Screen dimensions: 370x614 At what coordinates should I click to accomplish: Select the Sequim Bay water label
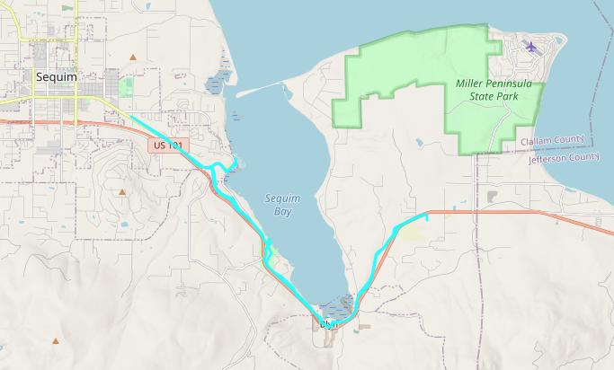pos(282,205)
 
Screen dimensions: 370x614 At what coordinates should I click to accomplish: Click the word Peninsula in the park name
pos(524,84)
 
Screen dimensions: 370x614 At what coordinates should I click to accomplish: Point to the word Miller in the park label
pos(473,84)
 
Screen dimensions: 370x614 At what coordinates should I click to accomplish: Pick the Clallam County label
pos(552,141)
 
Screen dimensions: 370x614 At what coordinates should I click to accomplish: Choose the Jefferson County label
pos(564,157)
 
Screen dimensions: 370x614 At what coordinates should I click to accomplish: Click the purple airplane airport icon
pos(531,45)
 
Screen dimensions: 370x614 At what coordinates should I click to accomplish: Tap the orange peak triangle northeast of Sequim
pos(133,57)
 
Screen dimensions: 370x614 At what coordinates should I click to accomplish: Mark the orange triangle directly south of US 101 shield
pos(122,191)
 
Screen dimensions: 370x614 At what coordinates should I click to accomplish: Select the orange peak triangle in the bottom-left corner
pos(56,340)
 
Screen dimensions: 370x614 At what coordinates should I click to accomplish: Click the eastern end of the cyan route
pos(427,216)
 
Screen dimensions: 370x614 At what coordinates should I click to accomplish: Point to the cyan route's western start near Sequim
pos(131,116)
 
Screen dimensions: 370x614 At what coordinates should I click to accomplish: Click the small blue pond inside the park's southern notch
pos(419,141)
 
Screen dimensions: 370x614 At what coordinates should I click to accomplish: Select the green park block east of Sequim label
pos(126,86)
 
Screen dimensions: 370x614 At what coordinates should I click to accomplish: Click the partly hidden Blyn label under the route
pos(328,323)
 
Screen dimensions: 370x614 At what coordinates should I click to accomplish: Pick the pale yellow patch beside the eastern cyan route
pos(411,233)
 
